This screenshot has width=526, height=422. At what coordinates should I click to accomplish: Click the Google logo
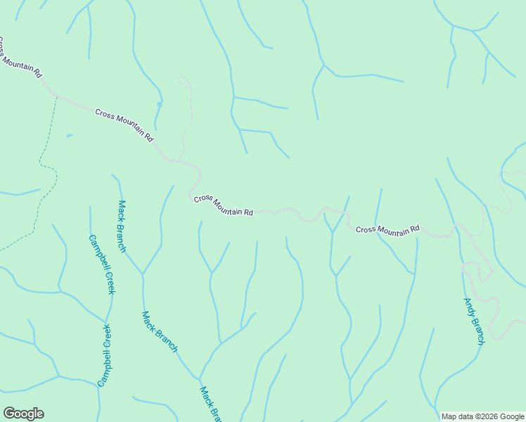(x=23, y=414)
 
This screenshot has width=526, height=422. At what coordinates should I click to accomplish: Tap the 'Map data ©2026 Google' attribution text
(x=483, y=416)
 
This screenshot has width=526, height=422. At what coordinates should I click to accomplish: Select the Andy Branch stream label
(x=474, y=321)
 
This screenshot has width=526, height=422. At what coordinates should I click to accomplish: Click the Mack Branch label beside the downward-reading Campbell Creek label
(x=122, y=226)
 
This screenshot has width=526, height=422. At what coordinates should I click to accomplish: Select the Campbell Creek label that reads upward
(x=105, y=355)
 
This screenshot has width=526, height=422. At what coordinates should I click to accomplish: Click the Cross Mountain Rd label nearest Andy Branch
(x=387, y=229)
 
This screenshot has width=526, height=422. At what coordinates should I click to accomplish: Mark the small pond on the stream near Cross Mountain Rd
(x=160, y=104)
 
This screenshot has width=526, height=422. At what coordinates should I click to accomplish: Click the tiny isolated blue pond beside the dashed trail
(x=68, y=136)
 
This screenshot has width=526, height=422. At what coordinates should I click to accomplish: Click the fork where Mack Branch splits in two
(x=143, y=273)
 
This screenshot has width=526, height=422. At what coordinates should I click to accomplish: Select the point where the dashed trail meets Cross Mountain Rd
(x=56, y=97)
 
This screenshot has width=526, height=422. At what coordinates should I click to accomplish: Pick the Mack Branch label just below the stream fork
(x=160, y=331)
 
